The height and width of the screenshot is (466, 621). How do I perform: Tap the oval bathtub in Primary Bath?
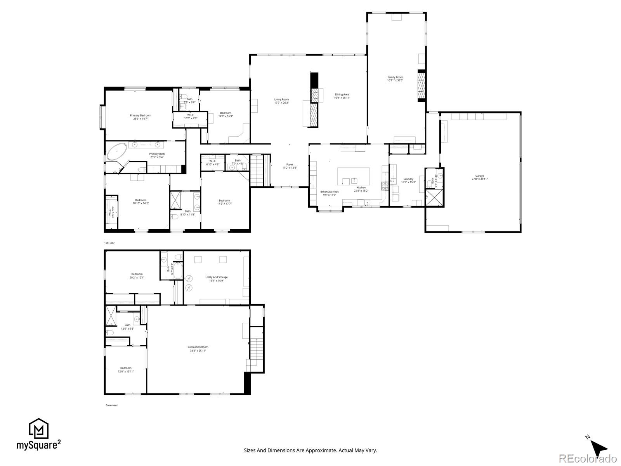point(117,152)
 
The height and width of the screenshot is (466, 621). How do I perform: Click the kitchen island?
point(353,176)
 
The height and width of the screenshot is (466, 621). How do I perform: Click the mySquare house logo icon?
point(38,429)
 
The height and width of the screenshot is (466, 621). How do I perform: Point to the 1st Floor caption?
point(109,243)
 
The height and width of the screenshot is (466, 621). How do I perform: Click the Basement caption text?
point(111,405)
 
